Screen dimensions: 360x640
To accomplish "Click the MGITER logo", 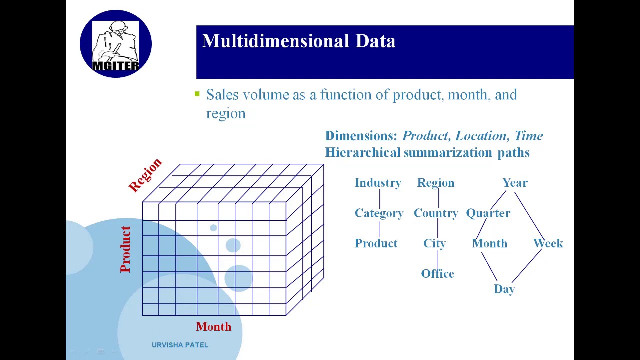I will [116, 44].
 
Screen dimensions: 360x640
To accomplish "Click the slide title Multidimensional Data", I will [298, 41].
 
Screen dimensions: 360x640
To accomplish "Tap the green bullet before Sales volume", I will [197, 93].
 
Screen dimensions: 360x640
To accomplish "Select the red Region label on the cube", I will [145, 175].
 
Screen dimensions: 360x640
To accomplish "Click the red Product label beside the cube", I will [125, 249].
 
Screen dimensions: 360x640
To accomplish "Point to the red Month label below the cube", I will [213, 327].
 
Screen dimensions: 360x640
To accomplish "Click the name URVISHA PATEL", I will [180, 345].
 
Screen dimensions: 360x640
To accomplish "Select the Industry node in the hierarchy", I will [378, 183].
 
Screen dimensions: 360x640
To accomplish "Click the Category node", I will [379, 213].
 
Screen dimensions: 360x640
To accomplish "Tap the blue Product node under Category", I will [376, 243].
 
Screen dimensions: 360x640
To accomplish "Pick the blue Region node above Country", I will [436, 183].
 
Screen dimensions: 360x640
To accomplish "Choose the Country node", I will [436, 213].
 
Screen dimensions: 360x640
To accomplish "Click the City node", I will [434, 243].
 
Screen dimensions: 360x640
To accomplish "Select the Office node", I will [437, 274].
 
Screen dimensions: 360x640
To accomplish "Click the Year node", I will [515, 183].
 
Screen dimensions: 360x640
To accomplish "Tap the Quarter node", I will [488, 213].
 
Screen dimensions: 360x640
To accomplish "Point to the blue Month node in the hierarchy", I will [489, 243].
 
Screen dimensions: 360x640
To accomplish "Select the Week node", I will [548, 243].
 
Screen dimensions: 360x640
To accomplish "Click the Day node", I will [504, 289].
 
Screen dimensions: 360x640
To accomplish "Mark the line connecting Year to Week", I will [529, 215].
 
